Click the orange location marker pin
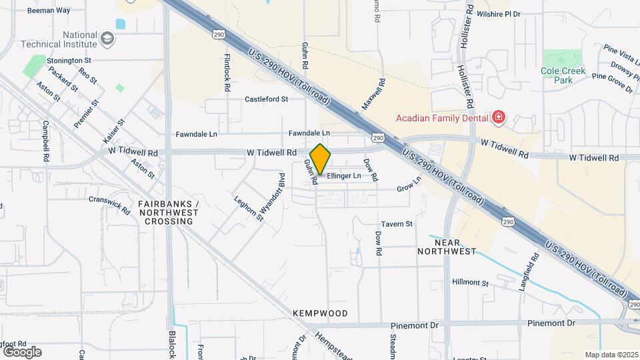click(320, 159)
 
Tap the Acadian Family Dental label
click(442, 119)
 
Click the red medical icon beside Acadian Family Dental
click(498, 119)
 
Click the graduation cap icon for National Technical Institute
click(108, 39)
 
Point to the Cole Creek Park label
click(563, 75)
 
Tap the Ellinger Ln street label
click(343, 176)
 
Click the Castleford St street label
click(266, 99)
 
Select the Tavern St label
click(397, 224)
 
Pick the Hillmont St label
click(471, 283)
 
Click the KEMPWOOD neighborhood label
click(320, 313)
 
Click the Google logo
click(22, 351)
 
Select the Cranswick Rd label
click(109, 205)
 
